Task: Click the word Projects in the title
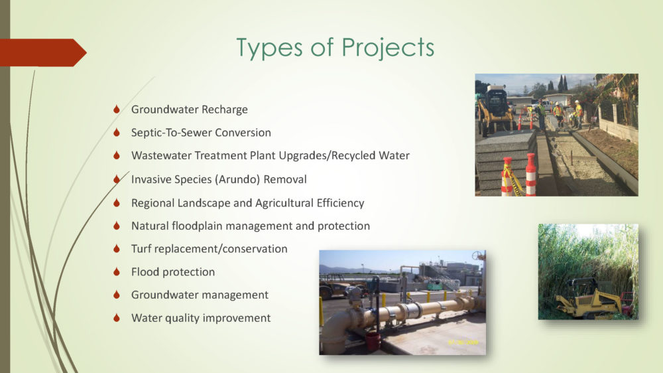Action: [388, 48]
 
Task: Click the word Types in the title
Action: [269, 48]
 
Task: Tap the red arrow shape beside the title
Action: [43, 52]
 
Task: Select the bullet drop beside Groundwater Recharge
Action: [117, 110]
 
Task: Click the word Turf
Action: [141, 248]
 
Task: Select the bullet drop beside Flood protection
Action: [117, 272]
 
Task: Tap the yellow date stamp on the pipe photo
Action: [463, 342]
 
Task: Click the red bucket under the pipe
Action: [373, 341]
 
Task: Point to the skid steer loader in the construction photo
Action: [495, 110]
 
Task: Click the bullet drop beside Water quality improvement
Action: [117, 318]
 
